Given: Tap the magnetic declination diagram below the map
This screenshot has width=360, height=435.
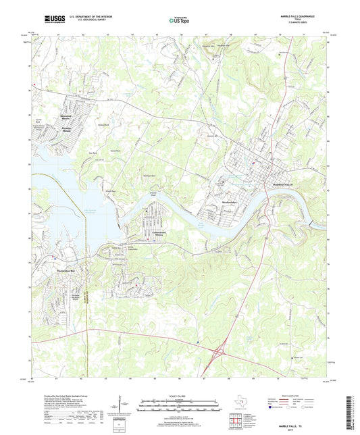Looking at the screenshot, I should coord(120,405).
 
